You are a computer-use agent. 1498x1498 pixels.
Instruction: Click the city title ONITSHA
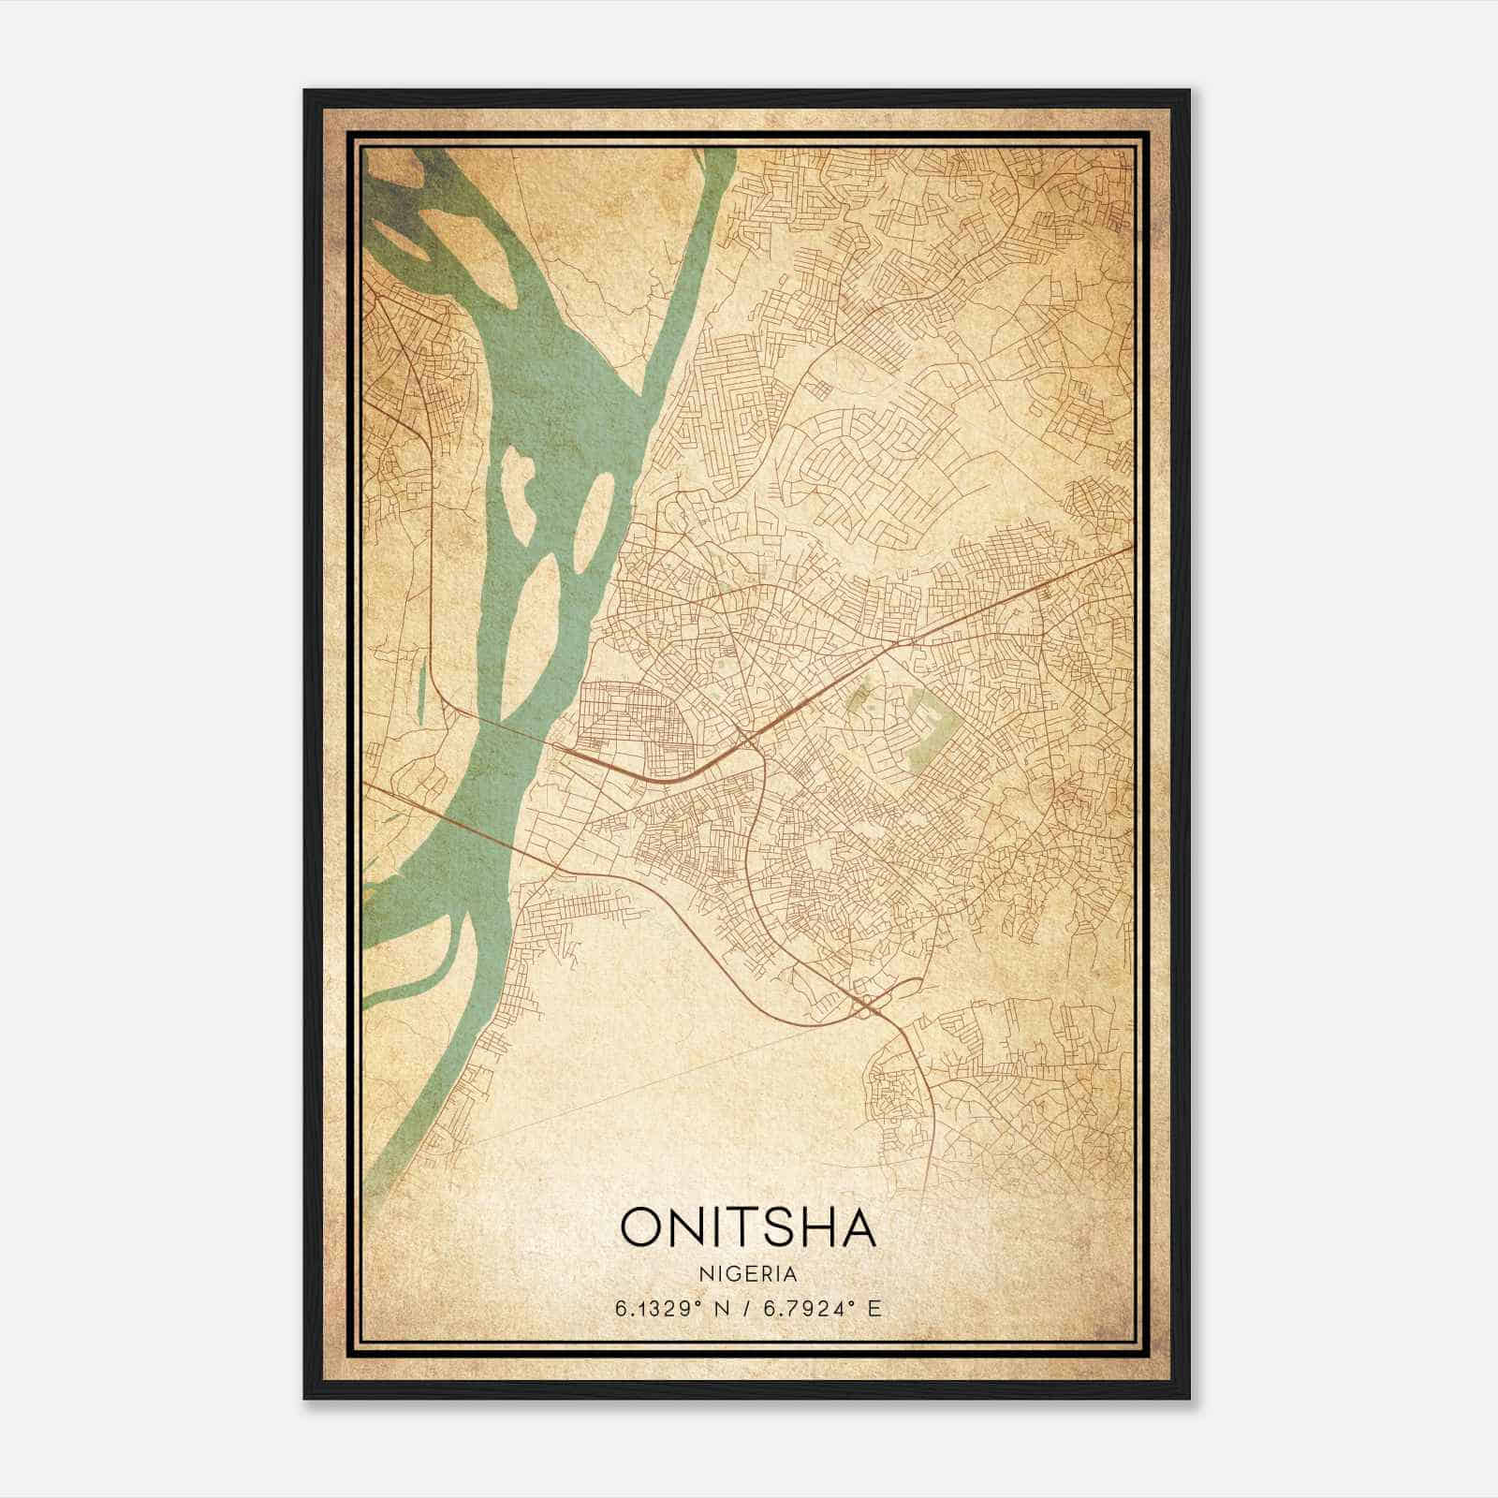[x=748, y=1227]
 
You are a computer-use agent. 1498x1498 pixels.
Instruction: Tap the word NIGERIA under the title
[x=748, y=1274]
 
